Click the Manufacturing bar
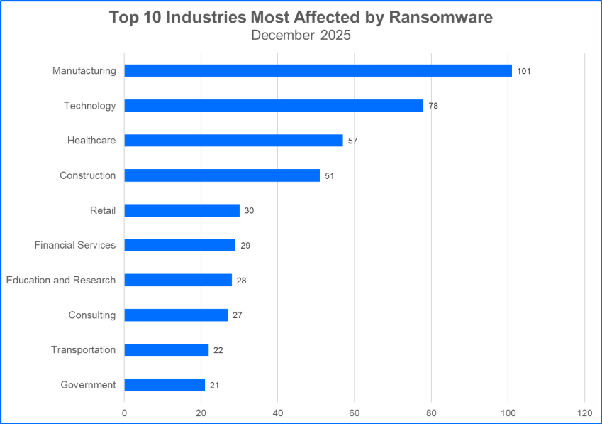(318, 70)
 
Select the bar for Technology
(274, 105)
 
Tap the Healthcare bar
(233, 141)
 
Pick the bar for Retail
(182, 210)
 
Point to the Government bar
(165, 384)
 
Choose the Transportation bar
(167, 349)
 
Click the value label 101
(524, 71)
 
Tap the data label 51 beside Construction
(329, 175)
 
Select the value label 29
(245, 245)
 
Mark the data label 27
(238, 315)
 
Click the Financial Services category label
(74, 245)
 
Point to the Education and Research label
(61, 280)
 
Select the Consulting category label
(91, 315)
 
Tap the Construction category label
(87, 175)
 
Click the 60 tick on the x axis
(355, 412)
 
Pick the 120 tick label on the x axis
(584, 412)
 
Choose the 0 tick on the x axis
(124, 412)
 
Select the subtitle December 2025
(301, 36)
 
